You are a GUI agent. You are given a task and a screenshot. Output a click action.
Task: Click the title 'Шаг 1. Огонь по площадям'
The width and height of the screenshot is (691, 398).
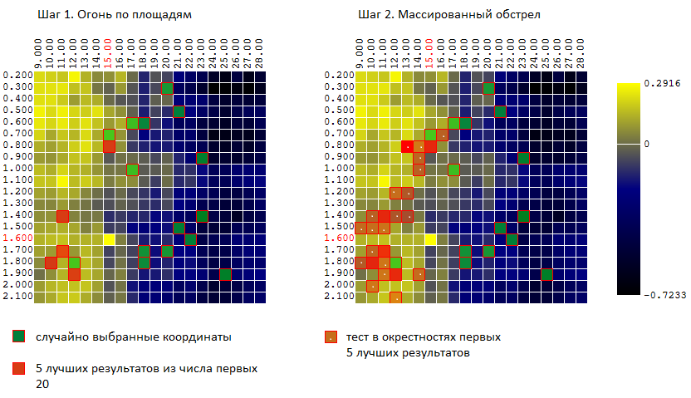[109, 15]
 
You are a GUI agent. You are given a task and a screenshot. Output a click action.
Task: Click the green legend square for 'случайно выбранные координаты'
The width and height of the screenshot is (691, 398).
[18, 337]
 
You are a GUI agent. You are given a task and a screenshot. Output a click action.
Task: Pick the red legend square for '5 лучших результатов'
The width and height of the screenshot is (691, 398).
[18, 367]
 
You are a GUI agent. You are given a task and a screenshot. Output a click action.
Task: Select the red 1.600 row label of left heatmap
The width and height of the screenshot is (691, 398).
[17, 238]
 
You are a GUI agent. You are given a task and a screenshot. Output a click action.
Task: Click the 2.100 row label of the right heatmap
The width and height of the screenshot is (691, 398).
[338, 296]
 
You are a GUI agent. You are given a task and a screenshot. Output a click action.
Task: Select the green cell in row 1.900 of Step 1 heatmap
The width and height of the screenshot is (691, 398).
[225, 275]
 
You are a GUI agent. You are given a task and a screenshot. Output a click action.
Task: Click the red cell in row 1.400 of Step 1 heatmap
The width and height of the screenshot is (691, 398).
[62, 217]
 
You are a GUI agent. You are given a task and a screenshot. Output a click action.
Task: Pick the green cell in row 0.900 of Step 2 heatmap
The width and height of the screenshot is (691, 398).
[523, 159]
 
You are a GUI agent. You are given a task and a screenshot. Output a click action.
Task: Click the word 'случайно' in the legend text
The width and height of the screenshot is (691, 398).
[58, 337]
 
